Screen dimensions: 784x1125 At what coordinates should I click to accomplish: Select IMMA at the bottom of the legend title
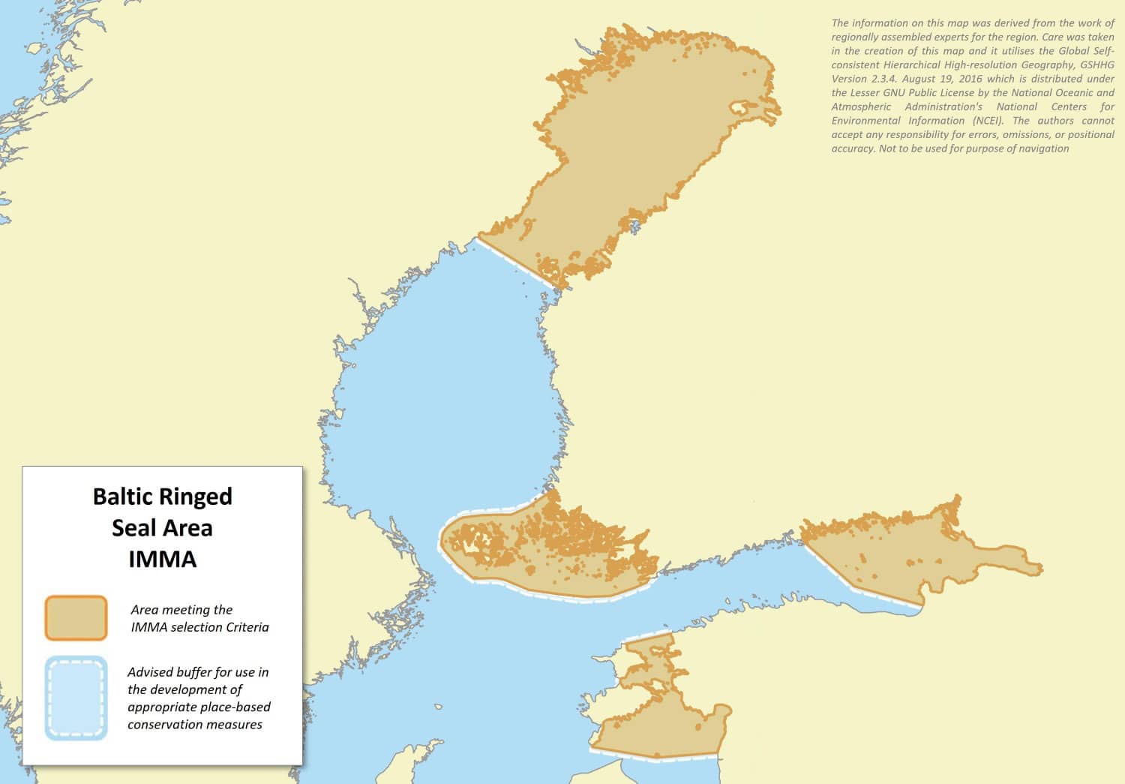click(x=162, y=560)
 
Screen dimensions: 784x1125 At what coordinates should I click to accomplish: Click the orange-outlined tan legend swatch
click(x=76, y=618)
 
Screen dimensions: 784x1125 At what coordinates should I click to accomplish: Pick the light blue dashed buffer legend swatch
click(x=76, y=698)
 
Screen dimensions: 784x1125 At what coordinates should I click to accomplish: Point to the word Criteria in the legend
click(x=244, y=627)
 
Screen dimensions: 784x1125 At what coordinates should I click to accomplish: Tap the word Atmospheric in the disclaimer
click(x=861, y=107)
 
